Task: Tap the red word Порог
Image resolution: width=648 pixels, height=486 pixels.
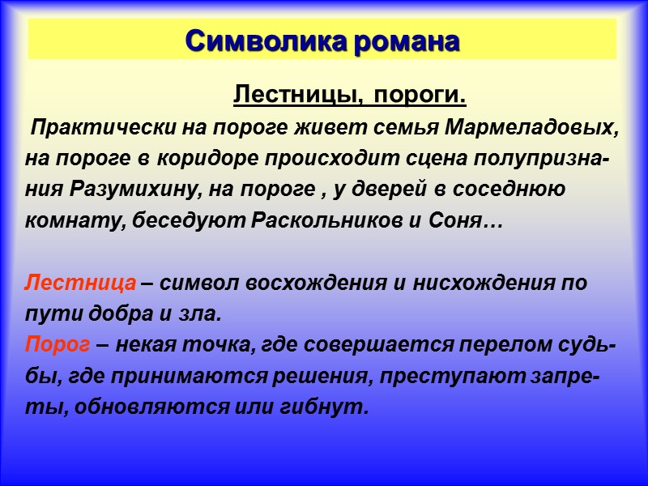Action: (58, 345)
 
